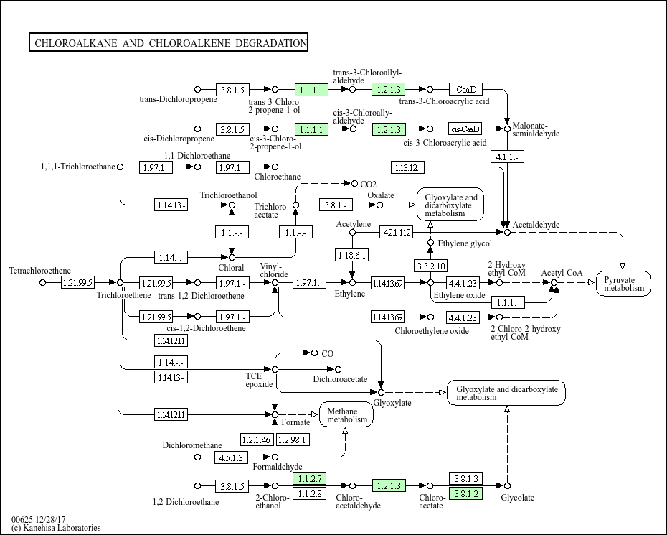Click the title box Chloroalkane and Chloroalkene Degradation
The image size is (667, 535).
tap(169, 43)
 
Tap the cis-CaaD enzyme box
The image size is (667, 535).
tap(465, 129)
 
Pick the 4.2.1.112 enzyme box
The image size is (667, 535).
tap(397, 232)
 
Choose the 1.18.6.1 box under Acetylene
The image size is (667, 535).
tap(352, 255)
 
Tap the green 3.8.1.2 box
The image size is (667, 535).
tap(465, 493)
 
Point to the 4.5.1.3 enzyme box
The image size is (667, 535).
tap(232, 457)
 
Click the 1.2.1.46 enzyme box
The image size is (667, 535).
tap(256, 439)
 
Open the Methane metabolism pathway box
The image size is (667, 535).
tap(346, 414)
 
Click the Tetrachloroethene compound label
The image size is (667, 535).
tap(40, 271)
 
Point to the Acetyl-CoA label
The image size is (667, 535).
tap(562, 273)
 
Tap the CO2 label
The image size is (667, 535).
tap(369, 184)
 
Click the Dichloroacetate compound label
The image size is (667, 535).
tap(340, 378)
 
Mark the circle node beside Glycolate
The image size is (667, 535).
tap(508, 486)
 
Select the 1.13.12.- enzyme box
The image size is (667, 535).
tap(407, 167)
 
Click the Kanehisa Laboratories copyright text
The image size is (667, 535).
tap(56, 528)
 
